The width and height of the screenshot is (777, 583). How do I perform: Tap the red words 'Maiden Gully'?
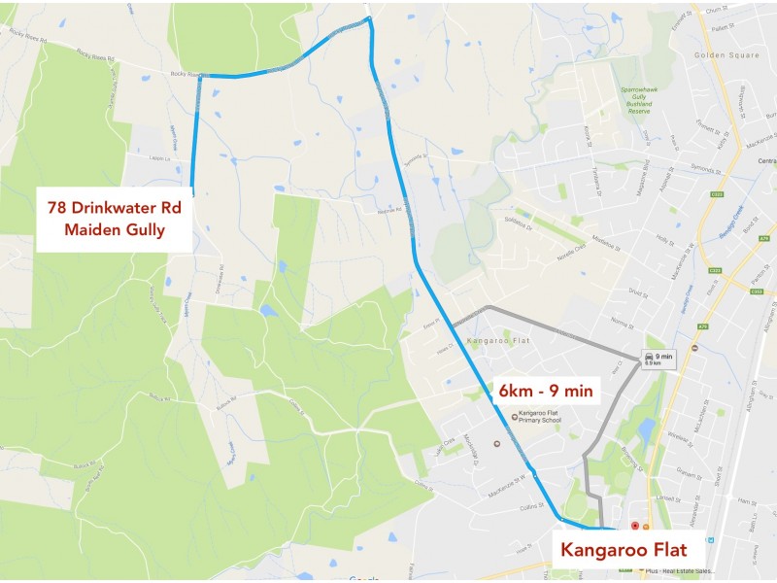tap(115, 230)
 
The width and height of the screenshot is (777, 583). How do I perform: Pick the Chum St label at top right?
tap(718, 9)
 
